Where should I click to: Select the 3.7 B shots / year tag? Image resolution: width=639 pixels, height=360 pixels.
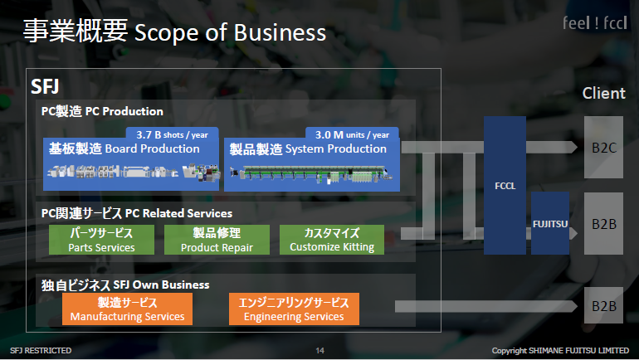click(x=172, y=134)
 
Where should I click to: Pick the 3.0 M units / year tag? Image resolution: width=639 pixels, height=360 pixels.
click(x=352, y=134)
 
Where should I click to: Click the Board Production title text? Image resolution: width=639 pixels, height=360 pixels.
click(x=124, y=149)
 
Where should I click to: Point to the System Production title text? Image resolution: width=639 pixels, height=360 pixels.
click(x=308, y=149)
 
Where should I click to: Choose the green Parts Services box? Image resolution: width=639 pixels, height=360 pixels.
click(x=101, y=240)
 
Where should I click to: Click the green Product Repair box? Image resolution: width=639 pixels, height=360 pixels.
click(x=216, y=240)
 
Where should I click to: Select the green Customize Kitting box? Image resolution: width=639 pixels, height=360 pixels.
click(x=331, y=240)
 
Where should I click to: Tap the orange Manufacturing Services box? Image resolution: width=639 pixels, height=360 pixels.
click(x=127, y=309)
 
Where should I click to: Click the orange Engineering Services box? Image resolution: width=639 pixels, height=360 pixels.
click(x=294, y=309)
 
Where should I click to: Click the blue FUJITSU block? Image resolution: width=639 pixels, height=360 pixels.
click(x=549, y=223)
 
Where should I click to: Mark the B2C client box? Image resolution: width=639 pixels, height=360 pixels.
click(x=603, y=148)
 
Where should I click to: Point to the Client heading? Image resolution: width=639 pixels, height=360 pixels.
click(x=603, y=93)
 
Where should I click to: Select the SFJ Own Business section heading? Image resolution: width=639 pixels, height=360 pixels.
click(x=125, y=285)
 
